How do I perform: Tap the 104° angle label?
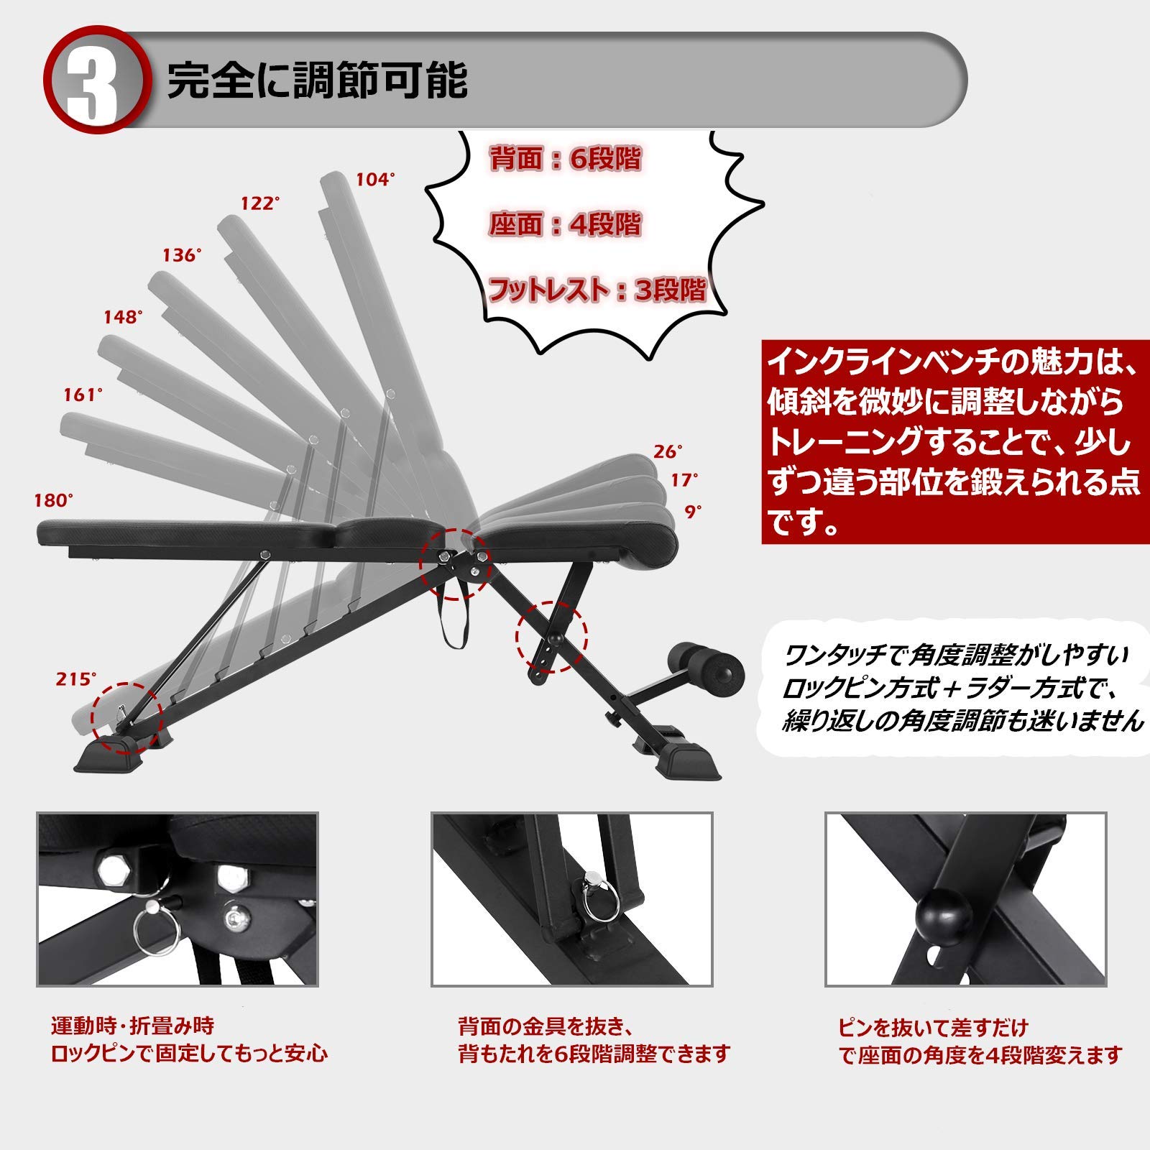376,180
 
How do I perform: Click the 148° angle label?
123,316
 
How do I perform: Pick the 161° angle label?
83,395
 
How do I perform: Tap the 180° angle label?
54,500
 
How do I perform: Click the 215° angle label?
75,678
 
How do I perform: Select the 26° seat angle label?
668,451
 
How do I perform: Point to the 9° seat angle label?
693,512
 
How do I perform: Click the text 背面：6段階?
565,159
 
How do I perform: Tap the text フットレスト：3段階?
597,290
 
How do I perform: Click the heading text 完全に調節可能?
317,80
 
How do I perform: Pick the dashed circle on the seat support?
552,637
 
